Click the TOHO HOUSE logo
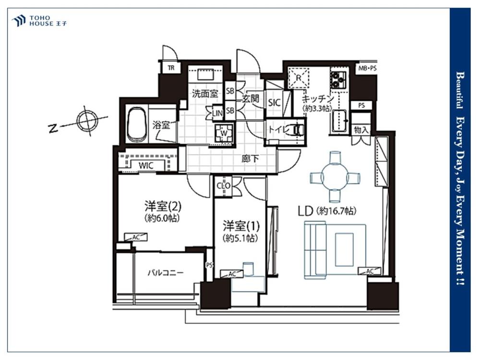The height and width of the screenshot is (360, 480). point(39,21)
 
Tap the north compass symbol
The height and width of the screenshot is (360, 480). point(87,120)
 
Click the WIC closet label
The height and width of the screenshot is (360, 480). point(146,166)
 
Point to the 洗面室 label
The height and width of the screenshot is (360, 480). point(205,94)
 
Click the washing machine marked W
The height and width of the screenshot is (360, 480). point(224,133)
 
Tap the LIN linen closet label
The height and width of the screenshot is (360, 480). point(217,113)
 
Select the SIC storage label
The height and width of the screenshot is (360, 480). point(274,102)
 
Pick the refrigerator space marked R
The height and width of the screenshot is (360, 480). point(299,78)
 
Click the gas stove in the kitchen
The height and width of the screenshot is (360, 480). point(338,80)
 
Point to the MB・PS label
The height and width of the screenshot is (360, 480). point(367,69)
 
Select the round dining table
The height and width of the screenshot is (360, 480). point(335,177)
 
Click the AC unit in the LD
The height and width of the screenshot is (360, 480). point(370,271)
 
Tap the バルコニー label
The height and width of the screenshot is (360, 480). point(166,273)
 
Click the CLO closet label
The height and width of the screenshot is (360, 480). point(224,186)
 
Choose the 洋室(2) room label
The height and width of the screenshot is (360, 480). point(163,207)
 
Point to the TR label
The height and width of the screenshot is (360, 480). point(171,68)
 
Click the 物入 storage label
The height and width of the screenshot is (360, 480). point(361,130)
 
